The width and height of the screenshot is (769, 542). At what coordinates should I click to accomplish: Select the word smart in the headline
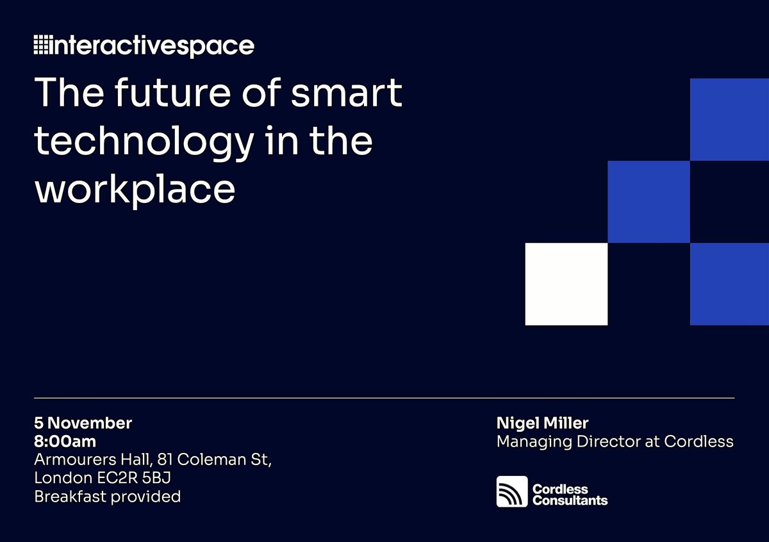tap(347, 93)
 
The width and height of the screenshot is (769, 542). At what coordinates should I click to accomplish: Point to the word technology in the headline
tap(144, 143)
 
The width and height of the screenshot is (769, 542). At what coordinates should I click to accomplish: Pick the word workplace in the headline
tap(135, 190)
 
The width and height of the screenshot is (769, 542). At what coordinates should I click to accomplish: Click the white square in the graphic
tap(566, 284)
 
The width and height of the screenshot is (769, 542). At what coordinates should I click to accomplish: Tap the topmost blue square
tap(729, 119)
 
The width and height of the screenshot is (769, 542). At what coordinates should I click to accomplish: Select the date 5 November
tap(83, 423)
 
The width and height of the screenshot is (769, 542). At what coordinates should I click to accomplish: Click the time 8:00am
tap(65, 441)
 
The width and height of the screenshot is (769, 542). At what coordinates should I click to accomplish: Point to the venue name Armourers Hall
tap(94, 460)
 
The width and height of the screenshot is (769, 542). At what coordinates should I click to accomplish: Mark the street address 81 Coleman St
tap(215, 460)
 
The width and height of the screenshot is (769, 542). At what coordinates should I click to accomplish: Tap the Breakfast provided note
tap(108, 497)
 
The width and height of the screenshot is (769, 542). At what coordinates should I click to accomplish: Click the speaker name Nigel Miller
tap(542, 423)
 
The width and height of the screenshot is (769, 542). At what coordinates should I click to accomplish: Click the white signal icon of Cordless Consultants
tap(512, 491)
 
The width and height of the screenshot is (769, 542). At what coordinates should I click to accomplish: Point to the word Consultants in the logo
tap(570, 500)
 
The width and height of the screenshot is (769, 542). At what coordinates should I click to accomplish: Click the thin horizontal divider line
tap(384, 398)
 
